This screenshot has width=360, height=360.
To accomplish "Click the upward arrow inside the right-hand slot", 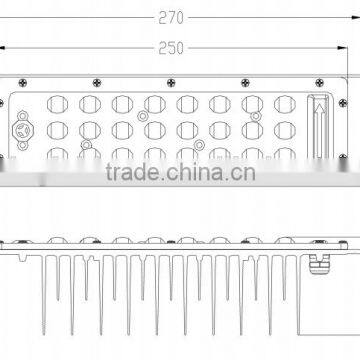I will (321, 124).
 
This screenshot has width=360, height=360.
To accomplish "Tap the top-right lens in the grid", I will (284, 104).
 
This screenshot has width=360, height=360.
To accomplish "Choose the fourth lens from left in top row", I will (154, 104).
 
